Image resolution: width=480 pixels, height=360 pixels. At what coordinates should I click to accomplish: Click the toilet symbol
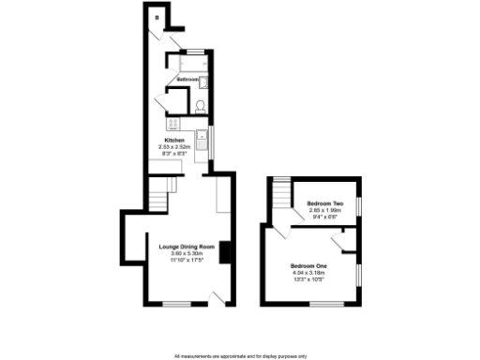201,105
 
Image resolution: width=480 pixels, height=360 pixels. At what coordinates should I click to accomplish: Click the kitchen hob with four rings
172,123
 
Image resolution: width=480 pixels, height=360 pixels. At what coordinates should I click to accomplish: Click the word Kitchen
175,140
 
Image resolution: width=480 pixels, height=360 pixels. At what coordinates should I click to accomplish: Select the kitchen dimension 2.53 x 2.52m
175,146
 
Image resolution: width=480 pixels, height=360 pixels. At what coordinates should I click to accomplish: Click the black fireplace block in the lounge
223,253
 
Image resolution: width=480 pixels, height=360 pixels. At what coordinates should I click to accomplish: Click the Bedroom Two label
325,203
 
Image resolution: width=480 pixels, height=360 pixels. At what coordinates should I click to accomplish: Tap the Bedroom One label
309,266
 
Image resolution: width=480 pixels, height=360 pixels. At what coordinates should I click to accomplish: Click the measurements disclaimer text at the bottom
240,355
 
